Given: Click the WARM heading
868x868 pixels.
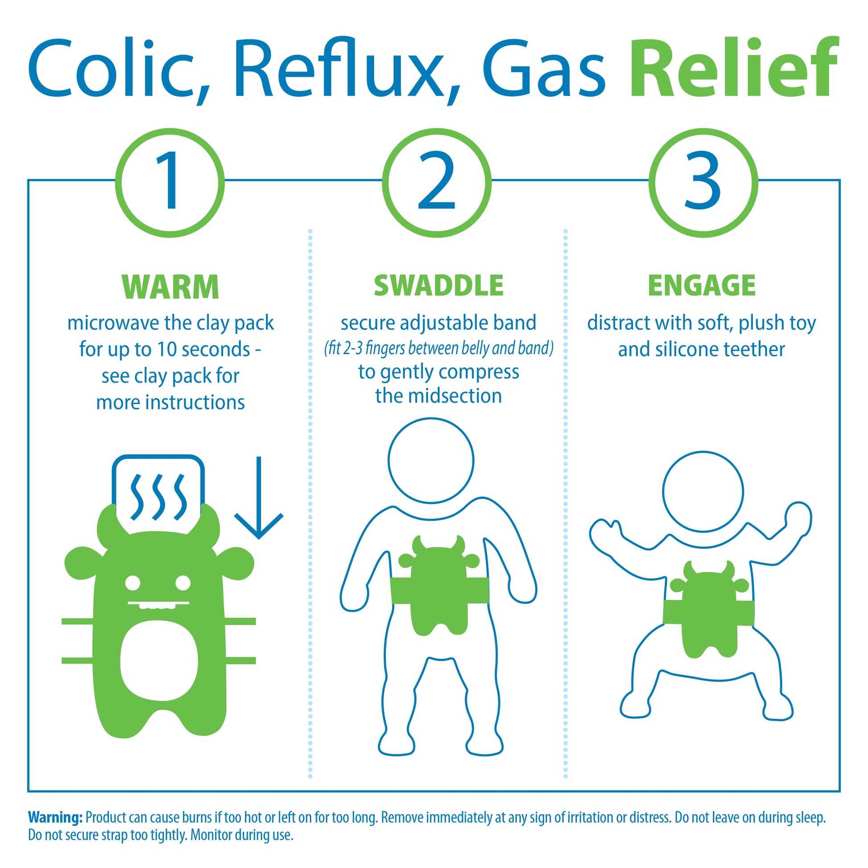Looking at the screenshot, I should (x=170, y=287).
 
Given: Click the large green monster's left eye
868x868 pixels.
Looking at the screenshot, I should (x=133, y=583).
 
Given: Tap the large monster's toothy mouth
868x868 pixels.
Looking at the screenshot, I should (x=158, y=604).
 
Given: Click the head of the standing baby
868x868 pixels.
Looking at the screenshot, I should (x=431, y=460).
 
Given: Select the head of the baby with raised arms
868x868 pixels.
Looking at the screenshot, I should (x=703, y=492).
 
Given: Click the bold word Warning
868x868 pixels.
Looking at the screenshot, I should (x=55, y=817).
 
